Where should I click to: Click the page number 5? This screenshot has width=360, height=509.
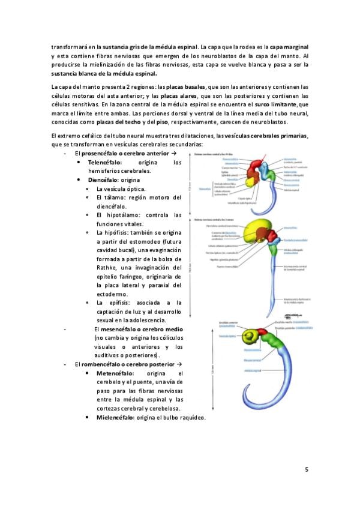(x=307, y=469)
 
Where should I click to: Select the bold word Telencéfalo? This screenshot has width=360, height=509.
(x=104, y=163)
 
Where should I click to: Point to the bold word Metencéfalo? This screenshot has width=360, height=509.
(x=114, y=373)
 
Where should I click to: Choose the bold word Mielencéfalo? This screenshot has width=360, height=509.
(x=116, y=417)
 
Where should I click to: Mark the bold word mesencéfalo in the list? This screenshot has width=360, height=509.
(x=119, y=329)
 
